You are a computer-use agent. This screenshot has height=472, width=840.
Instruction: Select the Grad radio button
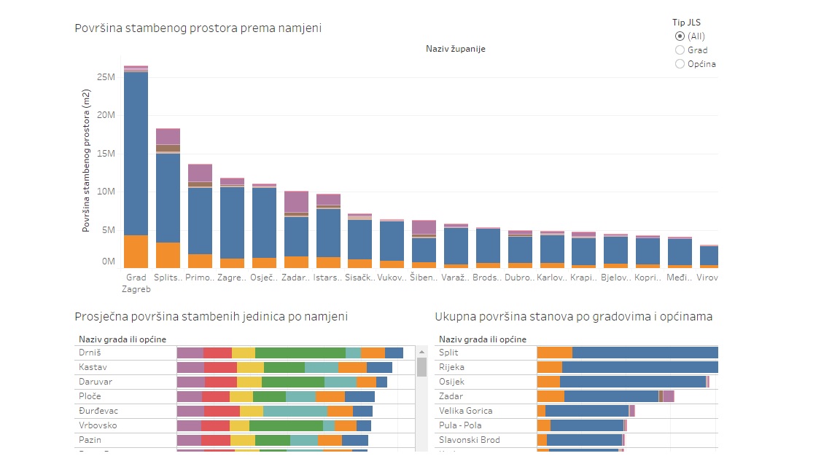point(680,50)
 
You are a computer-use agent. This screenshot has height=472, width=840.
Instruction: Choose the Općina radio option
point(680,64)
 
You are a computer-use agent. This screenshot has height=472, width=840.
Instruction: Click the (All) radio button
point(680,36)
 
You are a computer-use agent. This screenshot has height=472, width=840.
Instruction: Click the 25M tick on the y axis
point(106,78)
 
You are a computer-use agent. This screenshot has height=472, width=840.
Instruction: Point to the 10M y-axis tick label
point(106,192)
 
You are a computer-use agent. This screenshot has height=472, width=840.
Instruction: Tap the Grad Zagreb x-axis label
point(136,283)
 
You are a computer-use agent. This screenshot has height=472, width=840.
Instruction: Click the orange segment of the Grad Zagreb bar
point(136,251)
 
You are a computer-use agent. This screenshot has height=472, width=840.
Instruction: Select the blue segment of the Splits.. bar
point(168,197)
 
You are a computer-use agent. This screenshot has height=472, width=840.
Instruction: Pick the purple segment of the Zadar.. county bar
point(296,202)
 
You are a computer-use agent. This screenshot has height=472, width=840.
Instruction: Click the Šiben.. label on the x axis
point(424,278)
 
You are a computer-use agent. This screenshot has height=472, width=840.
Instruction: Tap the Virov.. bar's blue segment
point(709,256)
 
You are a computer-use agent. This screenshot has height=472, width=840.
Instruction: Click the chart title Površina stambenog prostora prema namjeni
point(198,28)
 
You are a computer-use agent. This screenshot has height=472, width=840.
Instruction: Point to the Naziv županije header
point(456,49)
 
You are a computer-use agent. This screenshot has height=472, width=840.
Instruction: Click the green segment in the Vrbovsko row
point(286,425)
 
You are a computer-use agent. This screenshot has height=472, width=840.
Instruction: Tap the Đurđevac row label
point(98,411)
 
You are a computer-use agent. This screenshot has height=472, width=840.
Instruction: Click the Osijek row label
point(451,382)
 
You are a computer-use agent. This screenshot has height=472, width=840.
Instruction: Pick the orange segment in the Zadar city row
point(551,396)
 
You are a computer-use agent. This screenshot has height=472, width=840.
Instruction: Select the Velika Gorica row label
point(466,411)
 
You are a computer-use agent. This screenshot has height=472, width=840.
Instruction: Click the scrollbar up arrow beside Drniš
point(421,353)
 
